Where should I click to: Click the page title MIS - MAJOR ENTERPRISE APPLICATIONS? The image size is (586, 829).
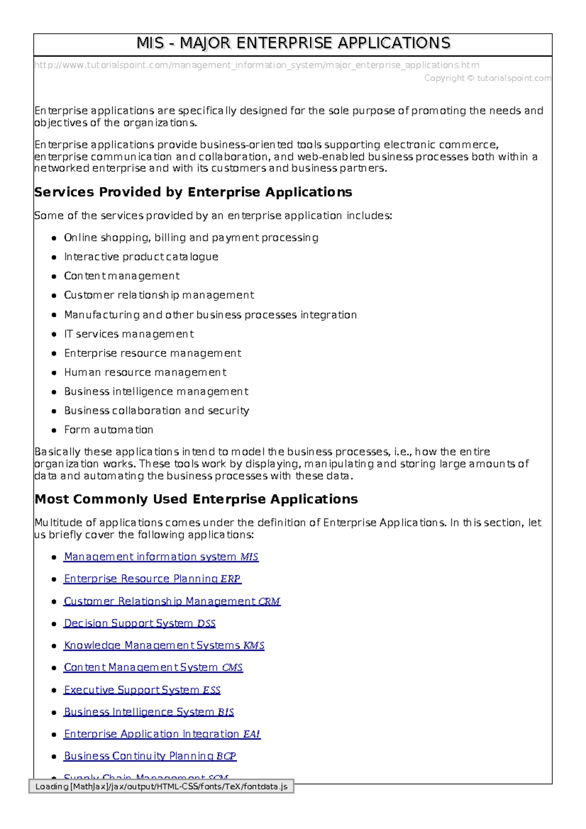[x=293, y=43]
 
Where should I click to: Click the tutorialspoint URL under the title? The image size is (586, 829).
[x=256, y=65]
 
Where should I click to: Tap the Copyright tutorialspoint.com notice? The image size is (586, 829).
[x=487, y=78]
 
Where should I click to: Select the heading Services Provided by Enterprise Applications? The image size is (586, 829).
[x=193, y=192]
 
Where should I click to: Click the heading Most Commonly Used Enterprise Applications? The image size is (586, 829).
[x=196, y=499]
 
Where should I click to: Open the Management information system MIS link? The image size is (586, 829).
[x=161, y=557]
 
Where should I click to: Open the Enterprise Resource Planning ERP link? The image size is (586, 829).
[x=152, y=579]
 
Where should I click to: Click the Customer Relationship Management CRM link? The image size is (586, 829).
[x=172, y=601]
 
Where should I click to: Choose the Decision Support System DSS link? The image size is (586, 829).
[x=140, y=623]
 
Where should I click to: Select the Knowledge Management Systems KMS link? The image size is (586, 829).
[x=164, y=645]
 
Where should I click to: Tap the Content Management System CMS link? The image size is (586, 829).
[x=153, y=667]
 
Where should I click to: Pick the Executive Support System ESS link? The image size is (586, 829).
[x=142, y=690]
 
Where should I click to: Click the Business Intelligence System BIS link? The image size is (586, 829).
[x=149, y=712]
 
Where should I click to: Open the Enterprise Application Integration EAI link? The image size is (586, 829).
[x=162, y=734]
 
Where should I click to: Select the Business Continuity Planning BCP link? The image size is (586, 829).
[x=150, y=756]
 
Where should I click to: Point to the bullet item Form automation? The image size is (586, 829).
[x=108, y=430]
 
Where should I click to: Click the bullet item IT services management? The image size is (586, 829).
[x=129, y=334]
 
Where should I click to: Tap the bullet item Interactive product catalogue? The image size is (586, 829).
[x=141, y=257]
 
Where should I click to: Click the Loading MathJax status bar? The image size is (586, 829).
[x=161, y=787]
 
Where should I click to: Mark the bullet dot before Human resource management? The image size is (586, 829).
[x=54, y=373]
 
